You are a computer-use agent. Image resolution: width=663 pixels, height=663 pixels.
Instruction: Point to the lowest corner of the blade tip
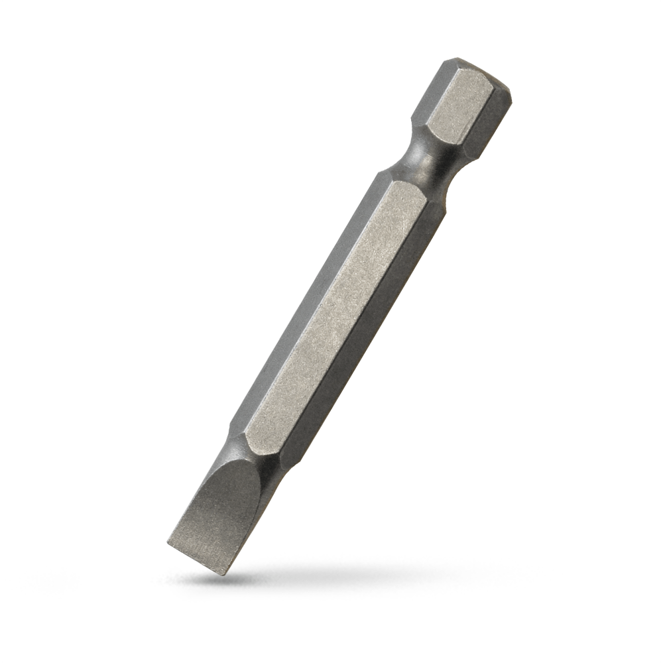[x=225, y=574]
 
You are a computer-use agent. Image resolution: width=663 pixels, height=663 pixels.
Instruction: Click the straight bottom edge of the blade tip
[x=196, y=559]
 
